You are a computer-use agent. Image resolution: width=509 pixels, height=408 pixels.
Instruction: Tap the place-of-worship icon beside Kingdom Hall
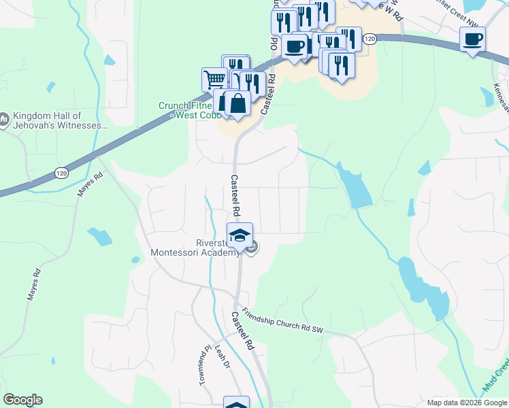pyautogui.click(x=4, y=120)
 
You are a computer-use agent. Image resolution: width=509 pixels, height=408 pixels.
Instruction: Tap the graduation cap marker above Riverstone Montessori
pyautogui.click(x=240, y=235)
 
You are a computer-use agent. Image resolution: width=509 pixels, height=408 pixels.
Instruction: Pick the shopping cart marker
pyautogui.click(x=214, y=79)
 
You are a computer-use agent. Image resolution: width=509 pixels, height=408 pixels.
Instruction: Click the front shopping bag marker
pyautogui.click(x=237, y=104)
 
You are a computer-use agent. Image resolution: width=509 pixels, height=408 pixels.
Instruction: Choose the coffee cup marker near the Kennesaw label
pyautogui.click(x=472, y=39)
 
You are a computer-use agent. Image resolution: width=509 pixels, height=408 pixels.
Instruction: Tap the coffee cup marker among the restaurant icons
pyautogui.click(x=295, y=46)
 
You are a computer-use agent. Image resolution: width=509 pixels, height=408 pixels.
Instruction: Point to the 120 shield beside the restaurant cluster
pyautogui.click(x=369, y=39)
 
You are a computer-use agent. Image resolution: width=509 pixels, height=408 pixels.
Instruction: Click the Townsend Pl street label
pyautogui.click(x=202, y=368)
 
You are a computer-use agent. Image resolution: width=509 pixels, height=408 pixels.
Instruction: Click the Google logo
pyautogui.click(x=22, y=400)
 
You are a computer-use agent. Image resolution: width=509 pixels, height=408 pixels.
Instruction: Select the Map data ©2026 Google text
pyautogui.click(x=466, y=403)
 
